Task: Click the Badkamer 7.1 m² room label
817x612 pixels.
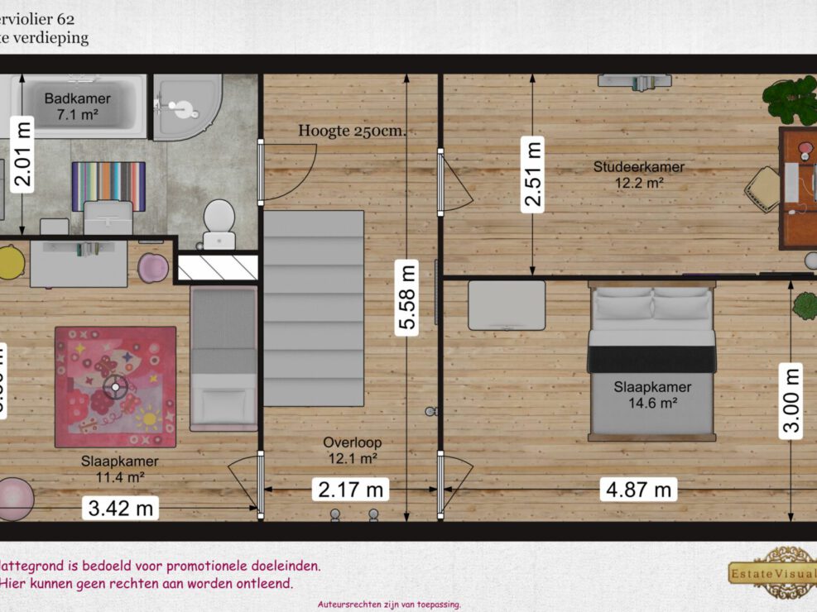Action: point(77,107)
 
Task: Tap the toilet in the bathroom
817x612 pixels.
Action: point(219,221)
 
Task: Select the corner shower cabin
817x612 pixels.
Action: point(187,108)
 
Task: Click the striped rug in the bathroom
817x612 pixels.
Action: point(108,186)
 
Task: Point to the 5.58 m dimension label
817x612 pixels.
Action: point(406,296)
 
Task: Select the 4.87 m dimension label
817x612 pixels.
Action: point(638,490)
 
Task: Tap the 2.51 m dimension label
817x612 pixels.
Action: point(532,175)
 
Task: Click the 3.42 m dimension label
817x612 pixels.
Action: point(121,508)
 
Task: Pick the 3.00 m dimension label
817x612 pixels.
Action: point(792,399)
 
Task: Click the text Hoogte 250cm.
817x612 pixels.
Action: point(357,131)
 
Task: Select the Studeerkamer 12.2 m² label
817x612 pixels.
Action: point(638,175)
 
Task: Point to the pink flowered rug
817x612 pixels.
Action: point(115,386)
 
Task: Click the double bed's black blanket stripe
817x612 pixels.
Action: point(651,359)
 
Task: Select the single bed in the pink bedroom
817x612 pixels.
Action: point(223,358)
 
